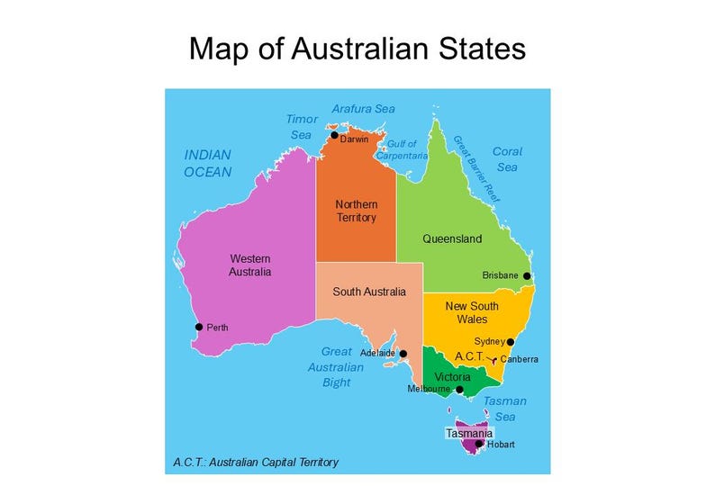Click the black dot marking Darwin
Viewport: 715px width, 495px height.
pos(334,135)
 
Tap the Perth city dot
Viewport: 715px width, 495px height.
pos(199,327)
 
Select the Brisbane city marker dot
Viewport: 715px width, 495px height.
pos(527,276)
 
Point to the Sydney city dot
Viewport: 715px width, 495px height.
pos(511,342)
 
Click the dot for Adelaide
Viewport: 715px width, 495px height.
pos(403,354)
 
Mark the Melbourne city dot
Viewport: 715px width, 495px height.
pos(459,390)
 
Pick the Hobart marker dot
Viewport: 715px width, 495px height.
pos(479,443)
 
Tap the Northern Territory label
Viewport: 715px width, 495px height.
pos(356,211)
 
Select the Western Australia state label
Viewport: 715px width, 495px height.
pos(250,265)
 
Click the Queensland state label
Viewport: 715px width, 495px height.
pos(452,239)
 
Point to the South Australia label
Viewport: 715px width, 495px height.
pos(369,292)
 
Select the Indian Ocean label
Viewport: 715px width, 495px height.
pos(208,163)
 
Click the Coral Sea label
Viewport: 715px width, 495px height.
pos(507,159)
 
